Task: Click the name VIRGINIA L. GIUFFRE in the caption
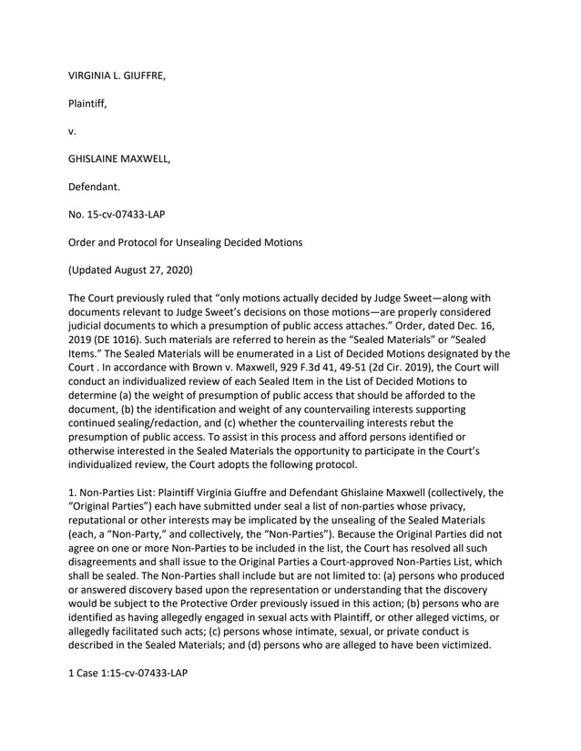click(117, 76)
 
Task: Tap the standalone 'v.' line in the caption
click(73, 131)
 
